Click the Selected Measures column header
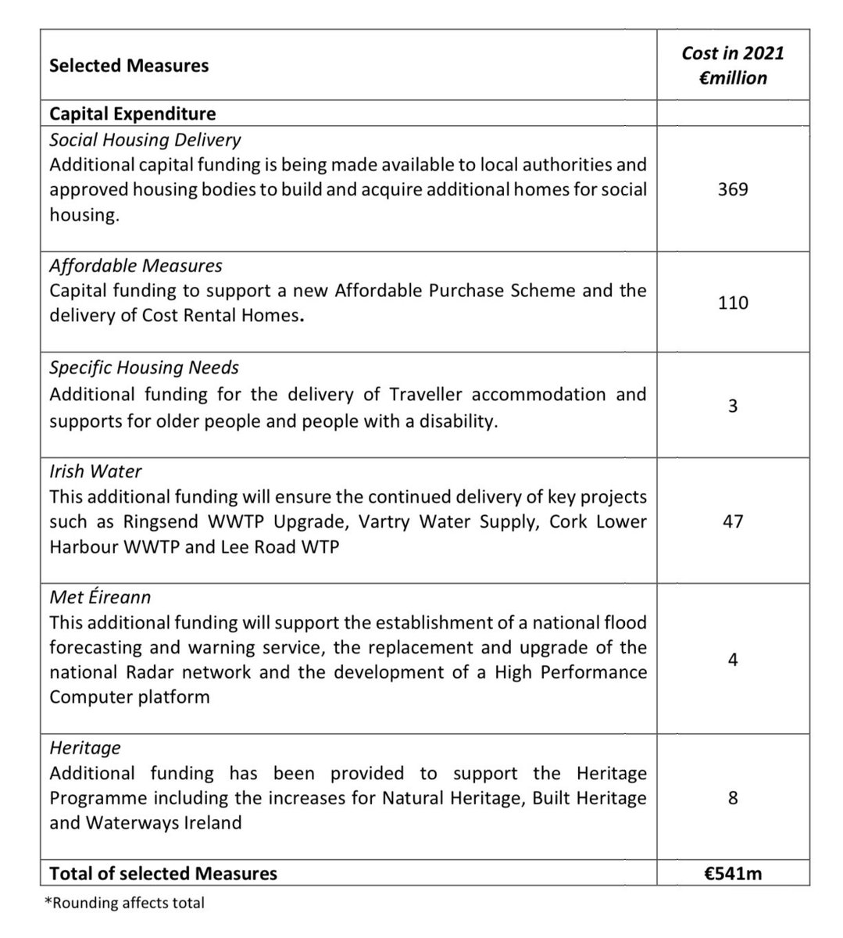[129, 66]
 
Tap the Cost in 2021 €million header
[732, 66]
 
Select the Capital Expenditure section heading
[132, 113]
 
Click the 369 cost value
[732, 189]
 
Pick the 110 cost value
[732, 303]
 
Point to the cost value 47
[732, 521]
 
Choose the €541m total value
[732, 873]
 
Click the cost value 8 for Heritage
[732, 798]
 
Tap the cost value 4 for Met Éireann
[732, 660]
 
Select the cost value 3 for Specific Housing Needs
[732, 406]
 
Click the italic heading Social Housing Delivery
[145, 140]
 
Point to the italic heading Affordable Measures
[135, 266]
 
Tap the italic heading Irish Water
[95, 471]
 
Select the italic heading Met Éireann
[100, 597]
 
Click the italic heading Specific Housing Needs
[144, 367]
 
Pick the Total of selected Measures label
[163, 873]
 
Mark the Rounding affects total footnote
[125, 903]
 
